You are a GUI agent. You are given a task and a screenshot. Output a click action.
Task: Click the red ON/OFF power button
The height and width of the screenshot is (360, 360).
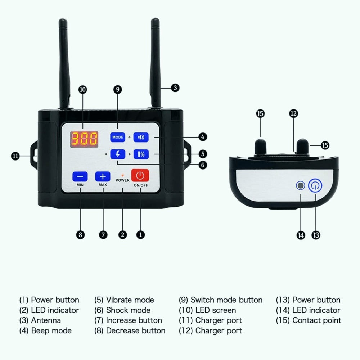pyautogui.click(x=140, y=176)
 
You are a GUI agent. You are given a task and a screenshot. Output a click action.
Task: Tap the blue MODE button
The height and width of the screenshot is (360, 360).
pyautogui.click(x=118, y=137)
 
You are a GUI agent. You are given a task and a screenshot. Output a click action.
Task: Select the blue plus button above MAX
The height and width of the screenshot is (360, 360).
pyautogui.click(x=103, y=176)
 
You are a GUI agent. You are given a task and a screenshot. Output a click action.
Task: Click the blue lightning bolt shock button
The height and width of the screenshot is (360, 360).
pyautogui.click(x=118, y=154)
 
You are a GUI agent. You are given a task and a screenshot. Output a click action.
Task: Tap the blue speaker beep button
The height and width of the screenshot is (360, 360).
pyautogui.click(x=140, y=137)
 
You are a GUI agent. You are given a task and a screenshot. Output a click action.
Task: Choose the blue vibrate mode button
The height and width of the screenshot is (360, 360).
pyautogui.click(x=140, y=154)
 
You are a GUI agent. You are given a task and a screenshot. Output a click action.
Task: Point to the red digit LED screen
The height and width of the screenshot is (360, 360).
pyautogui.click(x=84, y=138)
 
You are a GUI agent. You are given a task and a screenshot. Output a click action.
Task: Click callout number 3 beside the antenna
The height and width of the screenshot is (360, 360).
pyautogui.click(x=175, y=87)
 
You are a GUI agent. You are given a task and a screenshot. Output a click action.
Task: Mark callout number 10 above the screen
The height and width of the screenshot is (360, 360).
pyautogui.click(x=83, y=90)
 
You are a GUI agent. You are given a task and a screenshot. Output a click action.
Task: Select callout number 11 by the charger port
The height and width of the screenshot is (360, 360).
pyautogui.click(x=15, y=156)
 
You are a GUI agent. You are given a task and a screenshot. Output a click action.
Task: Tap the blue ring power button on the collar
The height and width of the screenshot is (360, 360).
pyautogui.click(x=315, y=186)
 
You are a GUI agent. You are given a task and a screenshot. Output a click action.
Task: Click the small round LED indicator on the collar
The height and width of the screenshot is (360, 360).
pyautogui.click(x=300, y=186)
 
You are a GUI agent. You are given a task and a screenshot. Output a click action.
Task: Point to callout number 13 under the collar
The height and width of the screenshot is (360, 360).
pyautogui.click(x=316, y=235)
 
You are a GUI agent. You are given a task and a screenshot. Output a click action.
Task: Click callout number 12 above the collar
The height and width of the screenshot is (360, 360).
pyautogui.click(x=294, y=113)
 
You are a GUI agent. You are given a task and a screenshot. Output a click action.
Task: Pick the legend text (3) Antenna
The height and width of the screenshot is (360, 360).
pyautogui.click(x=40, y=320)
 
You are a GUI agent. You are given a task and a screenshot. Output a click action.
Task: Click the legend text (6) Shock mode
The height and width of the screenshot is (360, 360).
pyautogui.click(x=122, y=310)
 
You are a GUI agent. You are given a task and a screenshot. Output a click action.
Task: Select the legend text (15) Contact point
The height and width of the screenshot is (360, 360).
pyautogui.click(x=309, y=320)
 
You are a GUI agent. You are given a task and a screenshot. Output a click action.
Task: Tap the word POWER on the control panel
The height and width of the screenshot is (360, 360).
pyautogui.click(x=123, y=180)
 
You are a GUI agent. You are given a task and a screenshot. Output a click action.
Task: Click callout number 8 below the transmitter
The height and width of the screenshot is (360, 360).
pyautogui.click(x=80, y=235)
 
